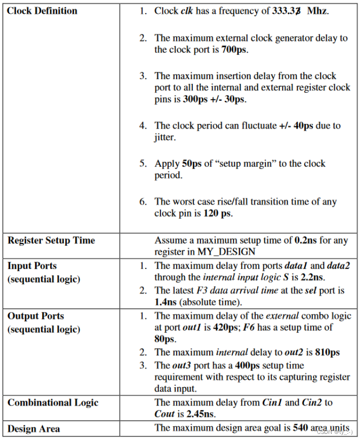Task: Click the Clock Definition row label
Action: click(43, 11)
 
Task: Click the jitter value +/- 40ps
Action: click(296, 126)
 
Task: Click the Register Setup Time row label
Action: click(51, 240)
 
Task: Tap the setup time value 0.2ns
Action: click(305, 240)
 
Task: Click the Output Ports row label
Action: click(36, 316)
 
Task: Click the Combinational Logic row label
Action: click(53, 403)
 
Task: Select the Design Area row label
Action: click(34, 429)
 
